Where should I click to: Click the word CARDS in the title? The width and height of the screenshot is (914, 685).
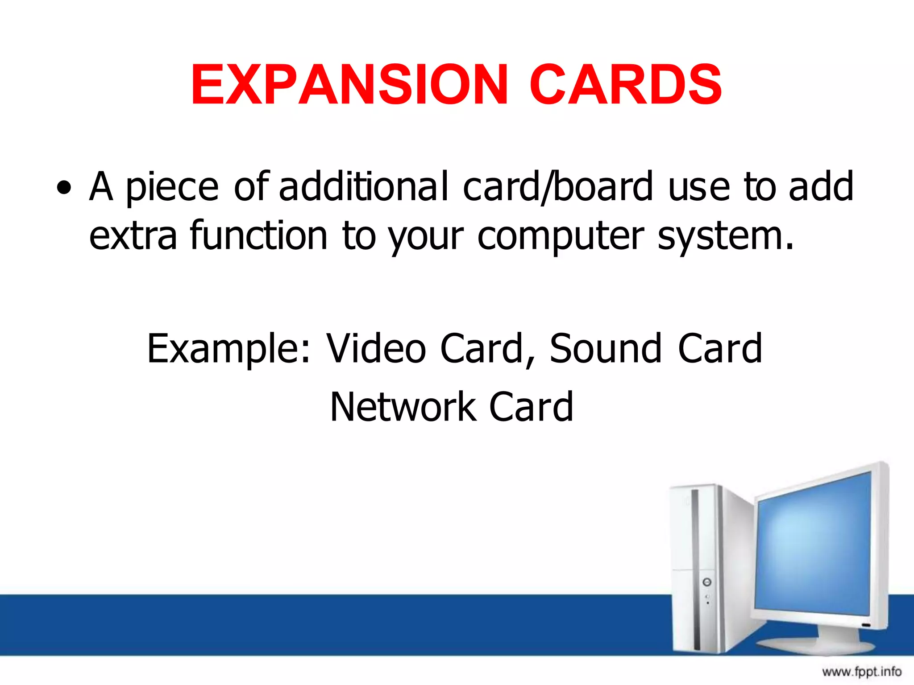(x=626, y=85)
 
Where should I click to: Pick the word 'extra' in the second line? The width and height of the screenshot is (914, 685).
(x=133, y=235)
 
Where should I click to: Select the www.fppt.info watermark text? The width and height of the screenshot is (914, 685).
(x=861, y=671)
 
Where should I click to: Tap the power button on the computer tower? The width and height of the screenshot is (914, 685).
(x=706, y=582)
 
